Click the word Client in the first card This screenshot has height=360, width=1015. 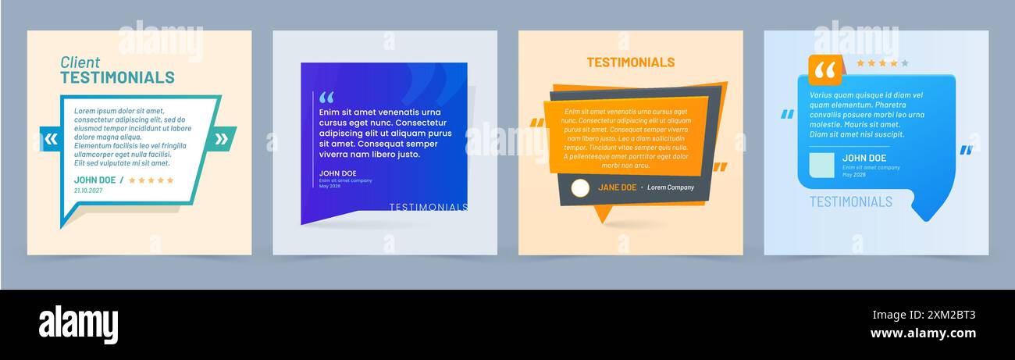click(x=80, y=62)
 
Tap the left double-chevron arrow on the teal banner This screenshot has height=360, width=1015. click(x=52, y=140)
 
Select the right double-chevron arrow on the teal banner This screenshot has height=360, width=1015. click(x=221, y=140)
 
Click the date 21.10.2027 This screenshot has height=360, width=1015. click(x=88, y=190)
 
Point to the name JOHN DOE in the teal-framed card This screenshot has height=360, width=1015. click(x=94, y=180)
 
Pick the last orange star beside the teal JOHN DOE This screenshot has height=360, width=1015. click(x=170, y=180)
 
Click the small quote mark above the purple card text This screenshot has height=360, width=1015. click(x=326, y=98)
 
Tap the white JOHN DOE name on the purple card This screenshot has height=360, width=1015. click(x=337, y=173)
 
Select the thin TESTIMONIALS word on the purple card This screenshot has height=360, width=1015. click(x=428, y=207)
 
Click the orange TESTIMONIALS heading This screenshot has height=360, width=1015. click(x=630, y=62)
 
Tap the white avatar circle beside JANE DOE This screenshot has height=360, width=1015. click(x=580, y=187)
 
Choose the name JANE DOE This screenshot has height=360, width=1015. click(x=617, y=187)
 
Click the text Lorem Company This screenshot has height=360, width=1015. click(x=670, y=187)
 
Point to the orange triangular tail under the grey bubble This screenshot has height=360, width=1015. click(x=602, y=213)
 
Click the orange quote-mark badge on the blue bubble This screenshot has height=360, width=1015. click(x=824, y=70)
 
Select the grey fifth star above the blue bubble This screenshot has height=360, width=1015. click(x=905, y=63)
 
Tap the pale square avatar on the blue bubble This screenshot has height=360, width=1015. click(x=821, y=165)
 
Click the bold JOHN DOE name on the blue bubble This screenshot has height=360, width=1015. click(x=863, y=159)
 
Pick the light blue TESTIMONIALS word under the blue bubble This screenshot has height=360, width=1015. click(x=850, y=201)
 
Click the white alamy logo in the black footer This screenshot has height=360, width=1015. click(x=78, y=323)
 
